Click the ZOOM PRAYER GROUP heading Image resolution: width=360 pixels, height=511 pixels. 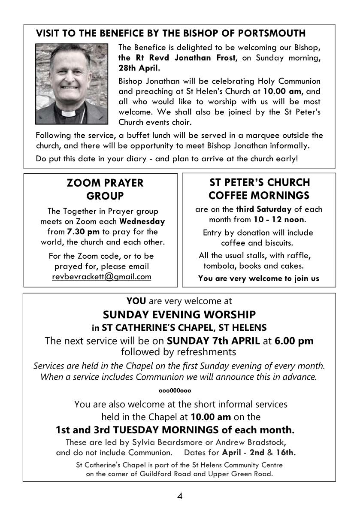tap(105, 189)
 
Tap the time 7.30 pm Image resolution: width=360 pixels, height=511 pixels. tap(84, 232)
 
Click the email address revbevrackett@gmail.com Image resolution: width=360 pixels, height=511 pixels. tap(102, 277)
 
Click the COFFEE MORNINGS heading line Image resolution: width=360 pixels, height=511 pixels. tap(259, 196)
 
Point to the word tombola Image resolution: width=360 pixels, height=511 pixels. tap(219, 266)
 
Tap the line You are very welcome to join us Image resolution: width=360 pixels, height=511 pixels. tap(259, 278)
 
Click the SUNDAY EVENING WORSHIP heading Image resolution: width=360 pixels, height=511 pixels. tap(179, 314)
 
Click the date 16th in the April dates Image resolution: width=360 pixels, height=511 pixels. tap(287, 452)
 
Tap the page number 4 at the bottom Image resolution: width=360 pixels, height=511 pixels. tap(180, 496)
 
